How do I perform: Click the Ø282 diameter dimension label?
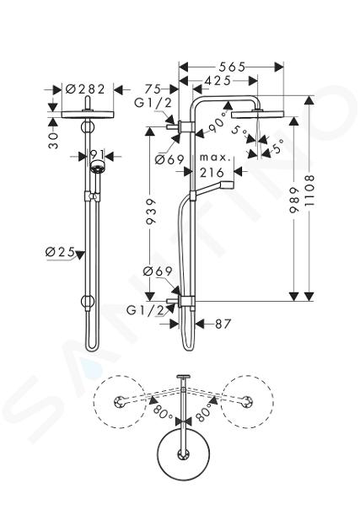pos(85,89)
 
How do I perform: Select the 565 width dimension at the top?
pos(232,67)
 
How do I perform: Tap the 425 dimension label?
pos(218,81)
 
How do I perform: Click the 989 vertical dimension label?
pos(294,200)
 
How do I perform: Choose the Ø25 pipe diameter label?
pos(60,252)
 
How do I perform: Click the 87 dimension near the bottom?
pos(223,324)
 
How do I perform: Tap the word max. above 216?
pos(215,158)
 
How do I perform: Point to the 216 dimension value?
pos(212,173)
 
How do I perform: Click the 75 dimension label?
pos(153,89)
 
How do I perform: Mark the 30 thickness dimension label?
pos(53,140)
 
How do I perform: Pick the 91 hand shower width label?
pos(96,154)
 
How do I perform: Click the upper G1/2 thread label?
pos(153,103)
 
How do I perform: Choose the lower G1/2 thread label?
pos(146,310)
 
